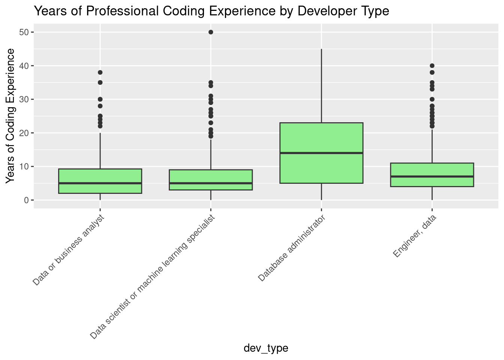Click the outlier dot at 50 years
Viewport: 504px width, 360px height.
click(x=211, y=32)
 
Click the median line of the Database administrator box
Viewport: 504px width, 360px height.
click(x=321, y=153)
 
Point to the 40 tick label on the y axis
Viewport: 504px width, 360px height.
click(x=25, y=66)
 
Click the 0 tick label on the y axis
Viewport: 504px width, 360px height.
click(x=27, y=200)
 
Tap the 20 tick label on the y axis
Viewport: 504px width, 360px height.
click(x=25, y=133)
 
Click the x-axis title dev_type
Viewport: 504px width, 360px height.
click(x=266, y=348)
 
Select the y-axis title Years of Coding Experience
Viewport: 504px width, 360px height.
click(x=11, y=116)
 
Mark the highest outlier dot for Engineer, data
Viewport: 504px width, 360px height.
click(x=432, y=66)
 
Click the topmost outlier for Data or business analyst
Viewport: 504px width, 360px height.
click(x=100, y=72)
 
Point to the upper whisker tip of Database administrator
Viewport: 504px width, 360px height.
click(x=321, y=49)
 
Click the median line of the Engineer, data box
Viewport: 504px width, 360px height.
click(x=432, y=176)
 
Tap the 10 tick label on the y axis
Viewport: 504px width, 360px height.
click(x=25, y=166)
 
